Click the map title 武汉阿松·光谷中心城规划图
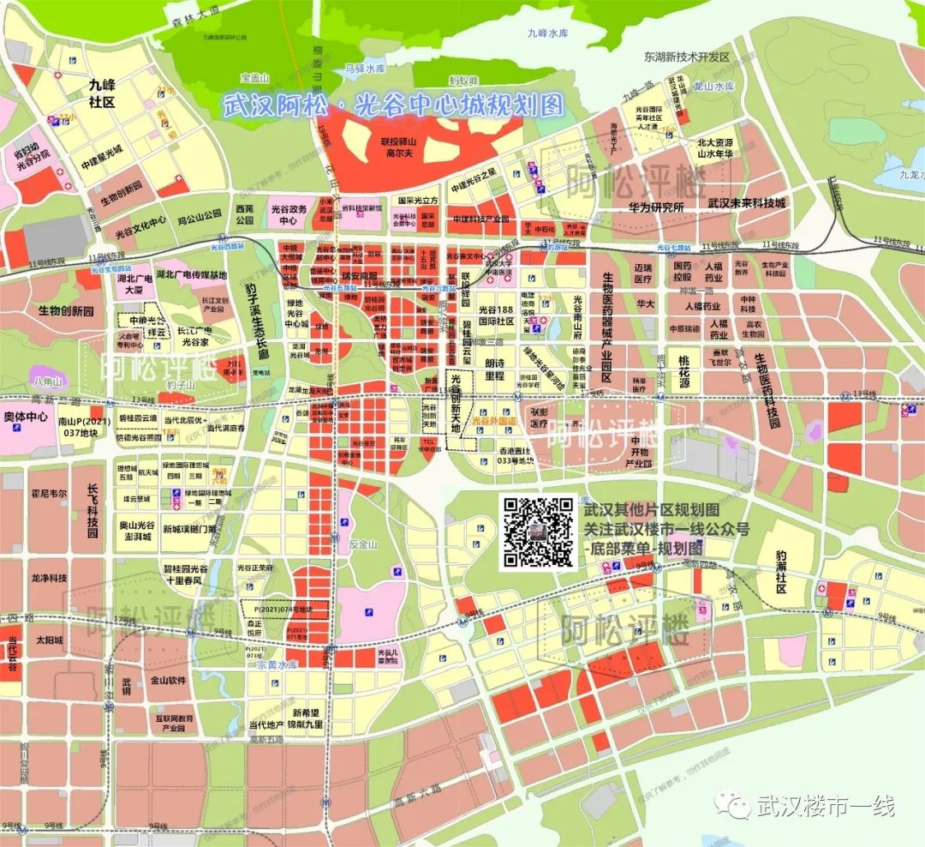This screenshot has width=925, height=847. pos(394,105)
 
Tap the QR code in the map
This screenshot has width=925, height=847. pos(537,532)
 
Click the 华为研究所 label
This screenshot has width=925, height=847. pos(654,207)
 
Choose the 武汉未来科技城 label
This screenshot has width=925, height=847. pos(747,203)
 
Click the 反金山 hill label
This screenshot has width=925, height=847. pos(363,544)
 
